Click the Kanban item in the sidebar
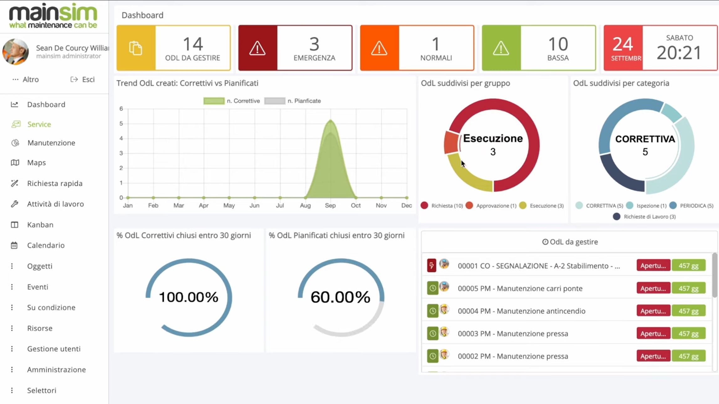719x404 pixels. point(40,225)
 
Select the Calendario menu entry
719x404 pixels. point(46,245)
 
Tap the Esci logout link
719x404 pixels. point(83,80)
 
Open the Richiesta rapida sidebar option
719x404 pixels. point(55,183)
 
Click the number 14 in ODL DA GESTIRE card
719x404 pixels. point(193,44)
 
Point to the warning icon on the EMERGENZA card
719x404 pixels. point(258,48)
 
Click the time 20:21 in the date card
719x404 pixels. point(679,53)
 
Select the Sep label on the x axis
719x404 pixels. point(330,206)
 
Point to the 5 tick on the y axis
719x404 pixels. point(121,123)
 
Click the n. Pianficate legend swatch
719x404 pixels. point(275,101)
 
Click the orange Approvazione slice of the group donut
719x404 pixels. point(451,143)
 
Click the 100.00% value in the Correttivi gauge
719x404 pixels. point(189,297)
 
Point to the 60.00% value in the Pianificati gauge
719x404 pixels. point(341,297)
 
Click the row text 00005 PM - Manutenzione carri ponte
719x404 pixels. point(520,288)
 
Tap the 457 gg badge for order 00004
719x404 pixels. point(688,311)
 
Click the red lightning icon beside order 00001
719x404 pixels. point(432,265)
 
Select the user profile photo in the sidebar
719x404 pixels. point(15,52)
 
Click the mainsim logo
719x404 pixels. point(53,16)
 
